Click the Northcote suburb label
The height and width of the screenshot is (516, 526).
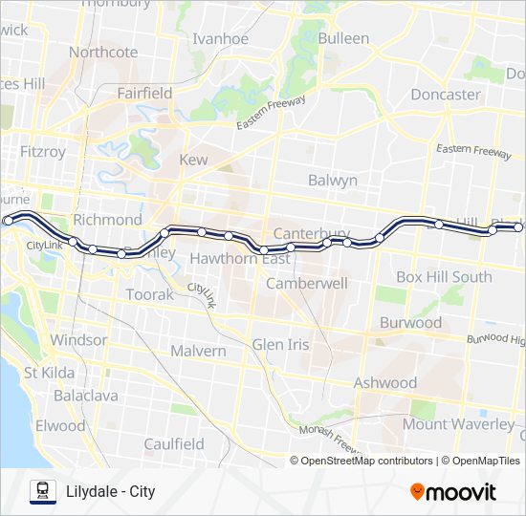point(103,53)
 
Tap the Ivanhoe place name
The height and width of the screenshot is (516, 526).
point(220,39)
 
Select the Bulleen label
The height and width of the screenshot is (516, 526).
point(343,38)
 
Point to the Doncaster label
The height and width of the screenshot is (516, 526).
point(445,95)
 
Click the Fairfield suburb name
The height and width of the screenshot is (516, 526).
point(144,94)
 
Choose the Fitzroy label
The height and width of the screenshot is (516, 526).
point(43,151)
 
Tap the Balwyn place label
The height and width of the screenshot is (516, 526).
point(333,180)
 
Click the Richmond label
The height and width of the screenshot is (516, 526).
point(107,220)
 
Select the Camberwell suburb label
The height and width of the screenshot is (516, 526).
point(306,284)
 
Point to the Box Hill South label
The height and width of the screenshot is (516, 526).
point(444,277)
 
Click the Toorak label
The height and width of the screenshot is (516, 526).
point(150,295)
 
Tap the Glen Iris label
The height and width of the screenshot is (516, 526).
point(280,344)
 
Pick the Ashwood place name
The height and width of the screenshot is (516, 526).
point(385,383)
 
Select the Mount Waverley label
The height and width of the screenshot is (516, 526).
point(458,423)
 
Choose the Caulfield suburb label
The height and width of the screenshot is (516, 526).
point(174,444)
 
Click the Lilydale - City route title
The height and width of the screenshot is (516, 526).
point(111,492)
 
